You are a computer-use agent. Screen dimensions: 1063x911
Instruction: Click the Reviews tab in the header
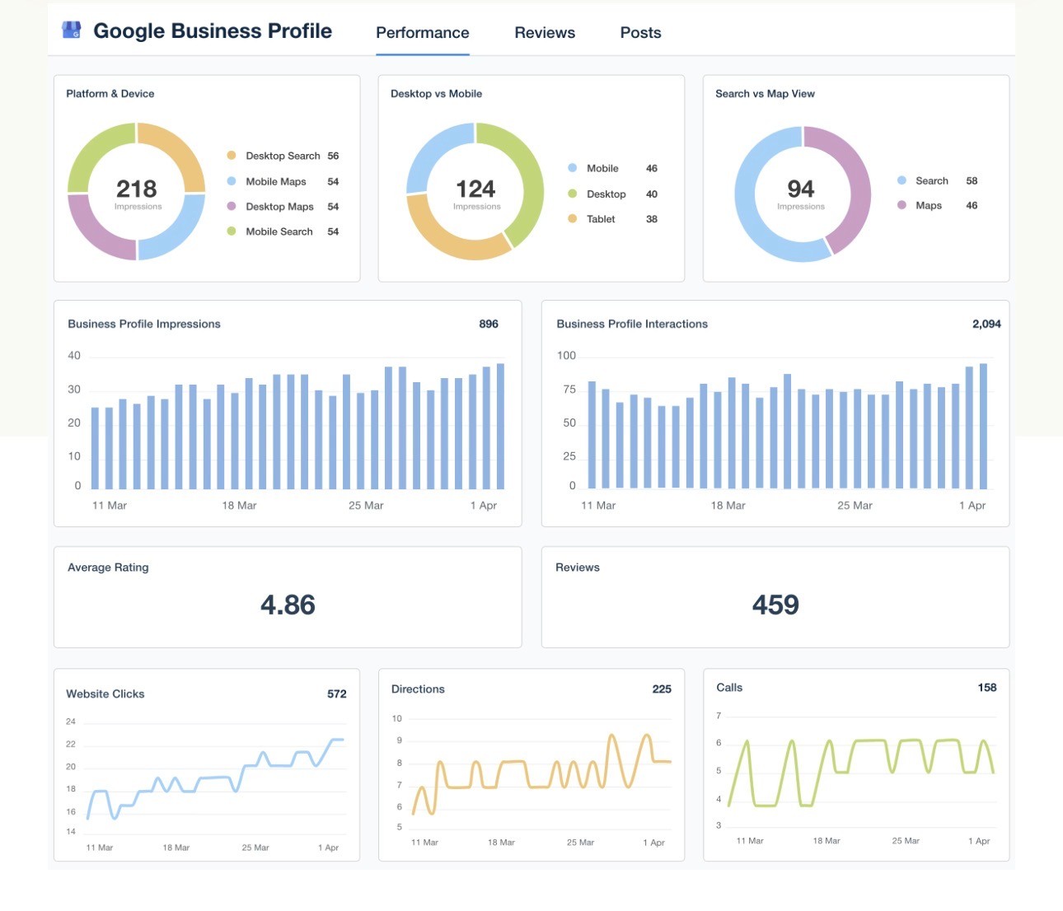[545, 32]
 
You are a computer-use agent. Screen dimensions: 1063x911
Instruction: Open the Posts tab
[640, 32]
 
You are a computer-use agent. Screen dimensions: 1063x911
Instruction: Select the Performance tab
[422, 32]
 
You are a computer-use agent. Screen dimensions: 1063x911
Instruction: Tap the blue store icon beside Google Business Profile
[72, 30]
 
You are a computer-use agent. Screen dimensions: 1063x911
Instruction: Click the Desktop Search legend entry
[283, 156]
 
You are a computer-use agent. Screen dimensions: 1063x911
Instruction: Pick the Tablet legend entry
[601, 219]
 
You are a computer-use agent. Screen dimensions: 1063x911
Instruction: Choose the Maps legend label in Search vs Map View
[928, 206]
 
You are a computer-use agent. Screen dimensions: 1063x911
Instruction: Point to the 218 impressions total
[136, 189]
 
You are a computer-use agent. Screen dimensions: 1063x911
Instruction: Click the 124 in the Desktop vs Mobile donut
[475, 189]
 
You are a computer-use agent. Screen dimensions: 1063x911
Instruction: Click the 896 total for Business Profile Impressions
[488, 324]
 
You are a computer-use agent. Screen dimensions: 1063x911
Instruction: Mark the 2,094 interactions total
[986, 324]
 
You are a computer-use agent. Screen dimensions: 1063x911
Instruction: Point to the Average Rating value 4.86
[288, 605]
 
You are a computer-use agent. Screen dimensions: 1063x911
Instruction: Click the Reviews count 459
[775, 605]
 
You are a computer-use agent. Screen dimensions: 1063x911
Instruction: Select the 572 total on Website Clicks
[337, 694]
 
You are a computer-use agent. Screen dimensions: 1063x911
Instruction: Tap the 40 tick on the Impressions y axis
[74, 356]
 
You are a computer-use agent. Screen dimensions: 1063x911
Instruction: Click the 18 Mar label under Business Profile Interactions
[728, 506]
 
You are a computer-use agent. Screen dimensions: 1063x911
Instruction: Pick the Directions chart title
[418, 689]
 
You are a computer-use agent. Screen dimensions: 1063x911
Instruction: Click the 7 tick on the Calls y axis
[719, 716]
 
